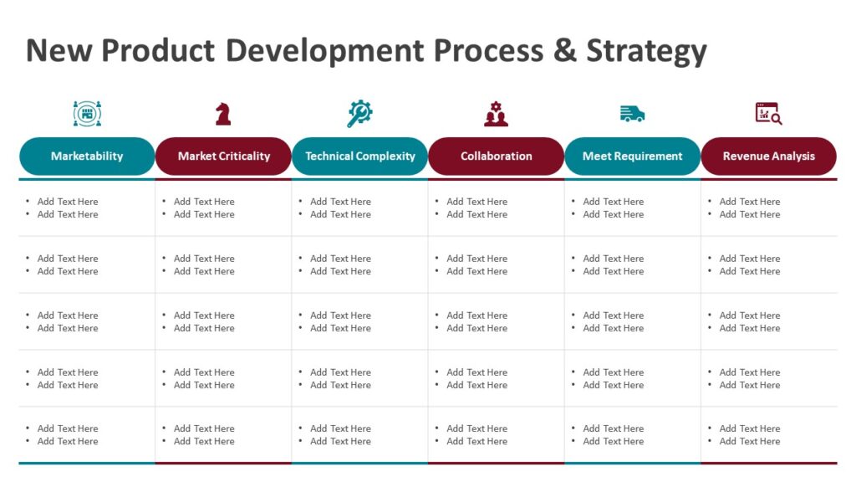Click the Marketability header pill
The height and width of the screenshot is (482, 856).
pyautogui.click(x=87, y=156)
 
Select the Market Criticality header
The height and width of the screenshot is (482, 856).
pyautogui.click(x=223, y=156)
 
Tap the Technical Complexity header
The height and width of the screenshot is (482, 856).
pyautogui.click(x=359, y=156)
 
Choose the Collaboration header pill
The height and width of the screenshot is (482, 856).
pyautogui.click(x=496, y=156)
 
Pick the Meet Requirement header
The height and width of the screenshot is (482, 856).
pyautogui.click(x=632, y=156)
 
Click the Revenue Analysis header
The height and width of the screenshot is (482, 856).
pyautogui.click(x=768, y=156)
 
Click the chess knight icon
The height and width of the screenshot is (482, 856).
pyautogui.click(x=223, y=114)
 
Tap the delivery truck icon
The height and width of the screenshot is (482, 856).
pyautogui.click(x=632, y=114)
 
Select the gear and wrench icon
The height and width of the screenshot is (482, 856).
pyautogui.click(x=359, y=113)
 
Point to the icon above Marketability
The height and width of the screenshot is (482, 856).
pyautogui.click(x=87, y=113)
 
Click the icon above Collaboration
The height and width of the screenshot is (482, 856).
pyautogui.click(x=496, y=114)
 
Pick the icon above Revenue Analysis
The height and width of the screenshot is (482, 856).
pyautogui.click(x=768, y=113)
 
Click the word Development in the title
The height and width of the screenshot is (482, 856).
pyautogui.click(x=324, y=52)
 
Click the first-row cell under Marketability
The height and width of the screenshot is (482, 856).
pyautogui.click(x=87, y=208)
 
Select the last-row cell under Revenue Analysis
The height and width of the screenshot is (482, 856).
pyautogui.click(x=768, y=435)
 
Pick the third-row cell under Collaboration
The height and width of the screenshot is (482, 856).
pyautogui.click(x=496, y=321)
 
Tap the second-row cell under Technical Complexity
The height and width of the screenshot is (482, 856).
pyautogui.click(x=359, y=264)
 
